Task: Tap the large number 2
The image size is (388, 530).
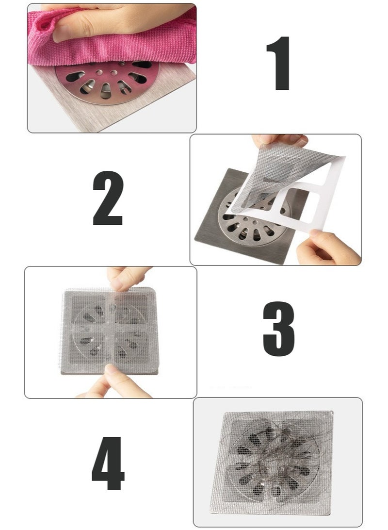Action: pos(108,199)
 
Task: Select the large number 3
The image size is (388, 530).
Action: pos(278,329)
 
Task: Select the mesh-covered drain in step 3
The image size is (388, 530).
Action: pos(111,330)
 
